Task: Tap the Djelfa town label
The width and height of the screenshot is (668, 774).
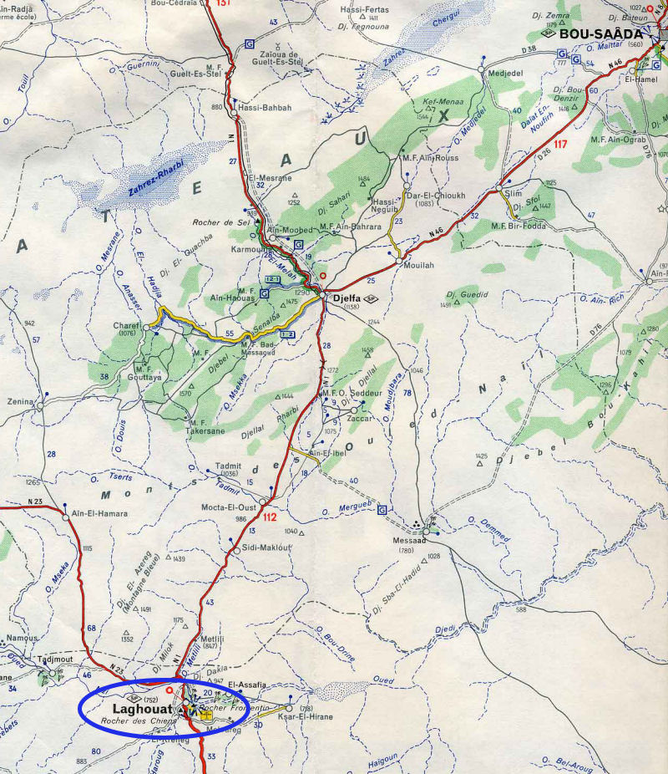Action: [x=349, y=297]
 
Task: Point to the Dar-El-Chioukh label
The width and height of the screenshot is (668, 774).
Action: [x=433, y=196]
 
